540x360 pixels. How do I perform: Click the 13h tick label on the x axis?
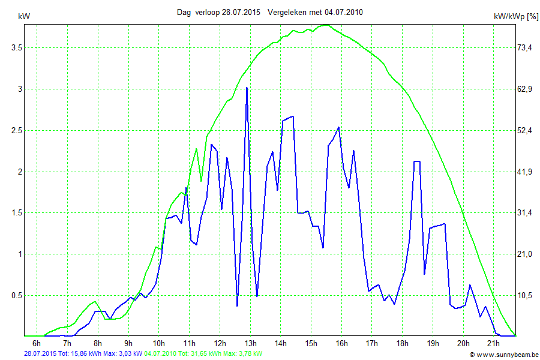pos(250,343)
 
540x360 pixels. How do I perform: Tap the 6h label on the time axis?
pos(37,343)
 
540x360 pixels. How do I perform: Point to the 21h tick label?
pos(493,343)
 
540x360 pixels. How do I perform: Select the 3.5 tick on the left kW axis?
pos(12,47)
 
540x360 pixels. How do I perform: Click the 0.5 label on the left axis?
pos(12,295)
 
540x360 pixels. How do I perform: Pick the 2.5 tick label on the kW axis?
pos(12,130)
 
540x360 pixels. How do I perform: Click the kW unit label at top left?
pos(25,17)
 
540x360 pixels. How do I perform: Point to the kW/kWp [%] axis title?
pos(515,17)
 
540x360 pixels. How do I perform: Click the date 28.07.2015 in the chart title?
pos(241,12)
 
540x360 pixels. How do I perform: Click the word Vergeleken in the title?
pos(286,12)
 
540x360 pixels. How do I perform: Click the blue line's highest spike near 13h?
pos(247,88)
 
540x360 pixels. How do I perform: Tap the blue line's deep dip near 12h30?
pos(237,305)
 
